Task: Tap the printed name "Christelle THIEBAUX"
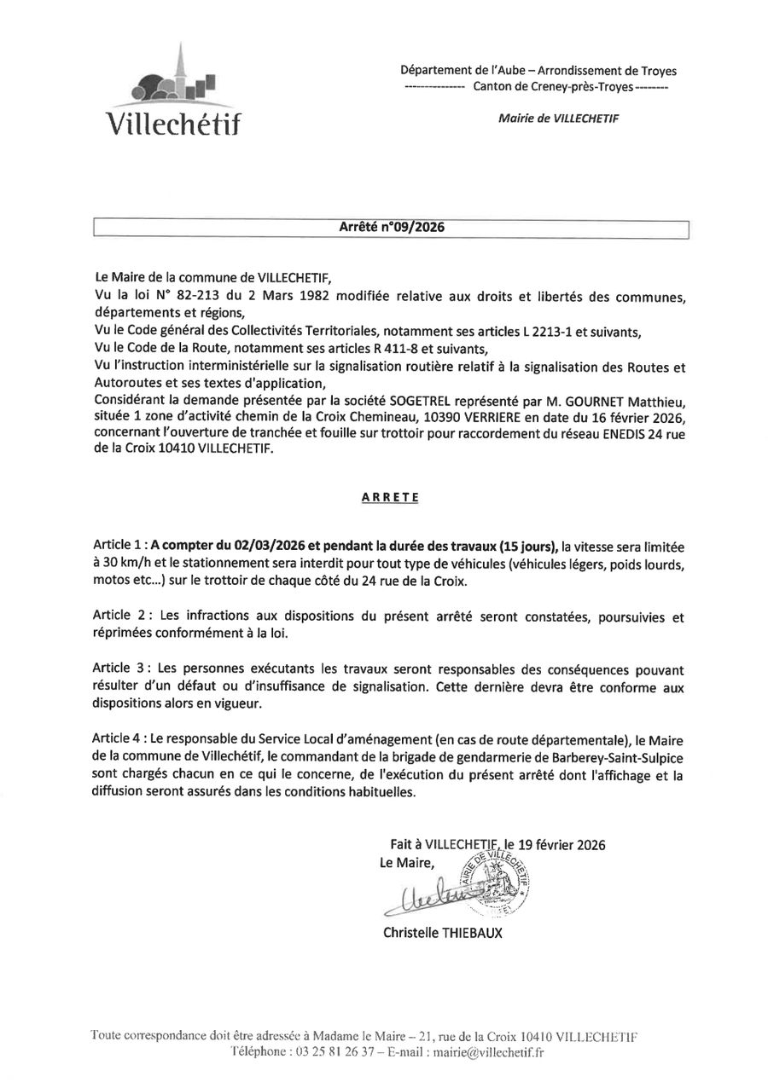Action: click(x=443, y=933)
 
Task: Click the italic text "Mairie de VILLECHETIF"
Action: click(x=558, y=119)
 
